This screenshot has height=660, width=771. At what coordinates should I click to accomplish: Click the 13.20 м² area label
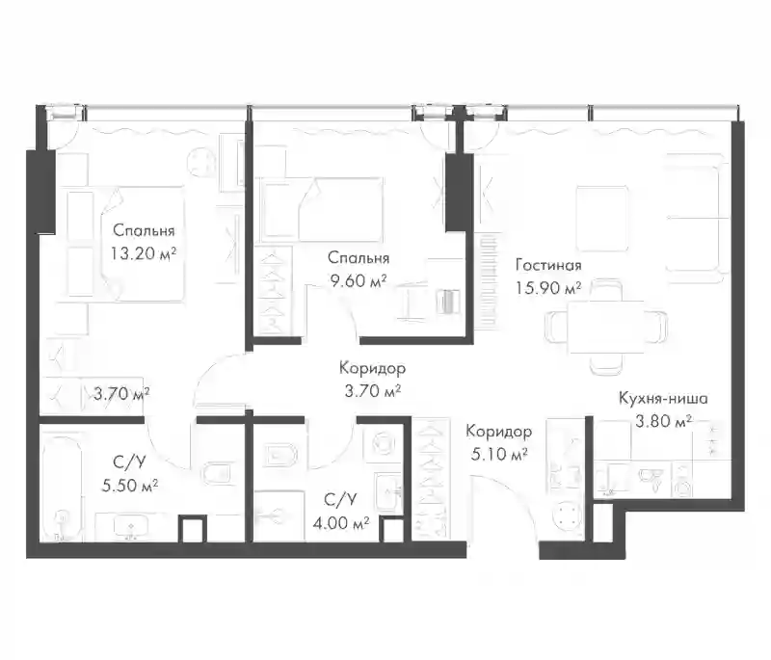[x=144, y=253]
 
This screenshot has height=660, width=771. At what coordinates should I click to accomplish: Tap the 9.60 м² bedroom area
[x=358, y=281]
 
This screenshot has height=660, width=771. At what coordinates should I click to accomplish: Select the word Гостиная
[x=548, y=265]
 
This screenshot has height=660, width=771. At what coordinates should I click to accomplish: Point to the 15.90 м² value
[x=548, y=288]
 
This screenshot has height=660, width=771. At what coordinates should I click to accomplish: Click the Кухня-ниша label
[x=663, y=398]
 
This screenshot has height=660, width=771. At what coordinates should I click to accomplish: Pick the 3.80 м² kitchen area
[x=664, y=421]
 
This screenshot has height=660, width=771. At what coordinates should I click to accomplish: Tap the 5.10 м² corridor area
[x=499, y=455]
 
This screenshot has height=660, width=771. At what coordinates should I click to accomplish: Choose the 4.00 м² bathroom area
[x=341, y=524]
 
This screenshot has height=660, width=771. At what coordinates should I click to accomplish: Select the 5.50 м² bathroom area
[x=130, y=486]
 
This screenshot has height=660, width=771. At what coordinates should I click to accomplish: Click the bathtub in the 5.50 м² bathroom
[x=62, y=487]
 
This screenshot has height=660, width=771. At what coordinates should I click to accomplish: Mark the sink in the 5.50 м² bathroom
[x=131, y=528]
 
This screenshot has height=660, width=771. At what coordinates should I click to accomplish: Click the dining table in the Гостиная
[x=606, y=327]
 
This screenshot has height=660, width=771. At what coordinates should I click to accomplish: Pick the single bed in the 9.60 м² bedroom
[x=323, y=210]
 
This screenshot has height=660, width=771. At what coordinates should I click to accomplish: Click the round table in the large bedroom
[x=201, y=162]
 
